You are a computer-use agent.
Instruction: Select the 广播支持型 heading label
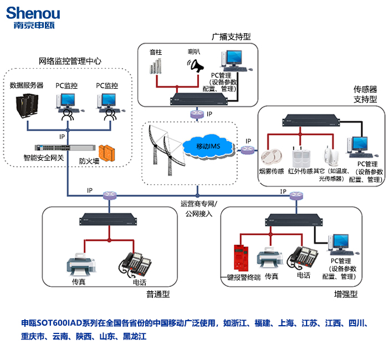click(x=231, y=37)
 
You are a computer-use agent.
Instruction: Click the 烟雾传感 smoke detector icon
click(x=272, y=156)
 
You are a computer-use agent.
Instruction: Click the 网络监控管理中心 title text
click(x=70, y=60)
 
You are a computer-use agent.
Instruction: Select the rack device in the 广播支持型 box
click(x=198, y=100)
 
